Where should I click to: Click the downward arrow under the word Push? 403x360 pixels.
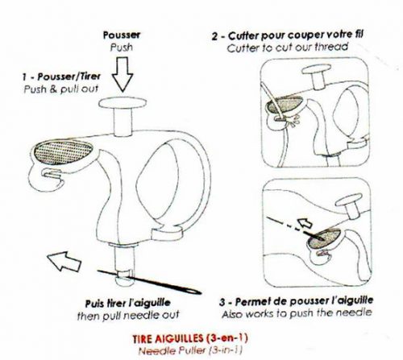click(x=123, y=74)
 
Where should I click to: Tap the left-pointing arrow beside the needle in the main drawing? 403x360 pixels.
click(x=64, y=261)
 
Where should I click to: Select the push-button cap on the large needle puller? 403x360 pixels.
click(x=123, y=103)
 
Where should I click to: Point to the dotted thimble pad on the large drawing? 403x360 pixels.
click(x=64, y=152)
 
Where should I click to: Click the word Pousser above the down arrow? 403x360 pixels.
click(x=122, y=35)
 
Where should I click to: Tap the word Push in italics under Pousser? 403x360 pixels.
click(x=122, y=48)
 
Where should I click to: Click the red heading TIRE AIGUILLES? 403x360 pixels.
click(x=168, y=338)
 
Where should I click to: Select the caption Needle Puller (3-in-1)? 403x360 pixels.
click(x=190, y=350)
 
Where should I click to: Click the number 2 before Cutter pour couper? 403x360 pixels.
click(x=214, y=36)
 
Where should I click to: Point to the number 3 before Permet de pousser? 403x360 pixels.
click(x=222, y=303)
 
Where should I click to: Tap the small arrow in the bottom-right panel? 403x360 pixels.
click(x=305, y=222)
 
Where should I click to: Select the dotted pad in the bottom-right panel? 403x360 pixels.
click(x=325, y=238)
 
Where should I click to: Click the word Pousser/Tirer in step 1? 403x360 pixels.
click(x=69, y=77)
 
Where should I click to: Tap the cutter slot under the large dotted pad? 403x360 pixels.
click(x=51, y=173)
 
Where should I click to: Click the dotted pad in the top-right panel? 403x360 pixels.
click(x=285, y=105)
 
